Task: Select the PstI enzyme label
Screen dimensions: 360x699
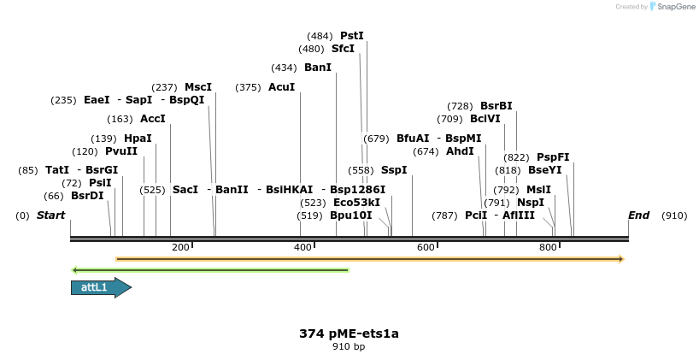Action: point(351,36)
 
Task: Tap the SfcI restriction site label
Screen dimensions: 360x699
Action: point(343,49)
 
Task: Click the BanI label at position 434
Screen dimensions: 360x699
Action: point(317,68)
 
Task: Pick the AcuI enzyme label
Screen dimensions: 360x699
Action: point(281,87)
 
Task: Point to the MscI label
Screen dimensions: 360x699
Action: point(198,87)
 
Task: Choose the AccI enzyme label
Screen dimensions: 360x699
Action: point(153,119)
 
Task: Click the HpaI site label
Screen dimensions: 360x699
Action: point(138,139)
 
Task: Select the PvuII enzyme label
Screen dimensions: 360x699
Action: point(121,151)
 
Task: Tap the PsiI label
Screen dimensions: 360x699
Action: point(100,183)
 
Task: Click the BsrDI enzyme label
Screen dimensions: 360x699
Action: point(87,196)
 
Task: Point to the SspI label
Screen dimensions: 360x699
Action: point(394,170)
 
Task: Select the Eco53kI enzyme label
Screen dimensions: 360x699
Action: point(356,203)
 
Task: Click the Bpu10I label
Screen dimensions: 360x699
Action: point(350,215)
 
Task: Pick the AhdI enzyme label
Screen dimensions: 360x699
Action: point(460,151)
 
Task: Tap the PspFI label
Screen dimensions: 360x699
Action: point(553,157)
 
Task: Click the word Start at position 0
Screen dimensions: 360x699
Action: point(50,215)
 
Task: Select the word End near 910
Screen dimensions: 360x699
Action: point(638,215)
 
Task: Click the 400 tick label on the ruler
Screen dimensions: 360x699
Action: point(303,247)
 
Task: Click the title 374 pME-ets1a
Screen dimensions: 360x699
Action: point(349,333)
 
